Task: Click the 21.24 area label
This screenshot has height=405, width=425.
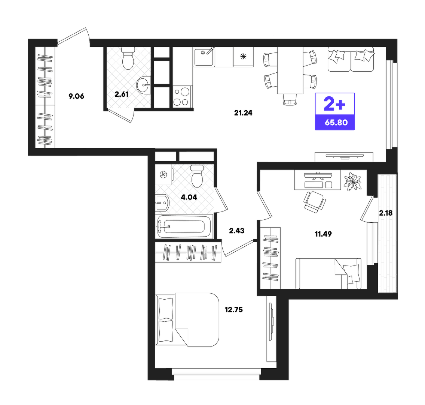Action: click(243, 113)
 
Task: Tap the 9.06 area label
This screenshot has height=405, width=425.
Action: click(76, 96)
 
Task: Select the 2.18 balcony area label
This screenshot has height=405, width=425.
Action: click(386, 213)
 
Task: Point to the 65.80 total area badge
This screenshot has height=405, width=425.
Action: click(336, 123)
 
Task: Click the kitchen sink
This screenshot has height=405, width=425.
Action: click(204, 57)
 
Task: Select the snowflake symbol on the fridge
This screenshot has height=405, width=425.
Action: click(243, 57)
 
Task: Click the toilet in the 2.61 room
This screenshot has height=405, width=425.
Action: click(128, 58)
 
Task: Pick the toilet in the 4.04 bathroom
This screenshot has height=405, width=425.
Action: click(197, 176)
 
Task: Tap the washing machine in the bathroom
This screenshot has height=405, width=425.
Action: click(163, 175)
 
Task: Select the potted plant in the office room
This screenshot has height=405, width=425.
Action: click(352, 181)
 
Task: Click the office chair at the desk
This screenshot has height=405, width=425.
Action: click(314, 202)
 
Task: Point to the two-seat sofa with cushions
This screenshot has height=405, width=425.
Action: click(351, 60)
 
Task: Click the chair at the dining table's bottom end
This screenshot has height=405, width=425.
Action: click(290, 99)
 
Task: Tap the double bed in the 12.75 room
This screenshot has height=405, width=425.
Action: click(187, 320)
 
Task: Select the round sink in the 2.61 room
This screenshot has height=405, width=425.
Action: click(144, 85)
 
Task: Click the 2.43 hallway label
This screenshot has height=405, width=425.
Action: click(236, 231)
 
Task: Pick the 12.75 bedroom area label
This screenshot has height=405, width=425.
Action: click(234, 310)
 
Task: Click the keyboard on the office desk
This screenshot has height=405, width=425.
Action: click(314, 185)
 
